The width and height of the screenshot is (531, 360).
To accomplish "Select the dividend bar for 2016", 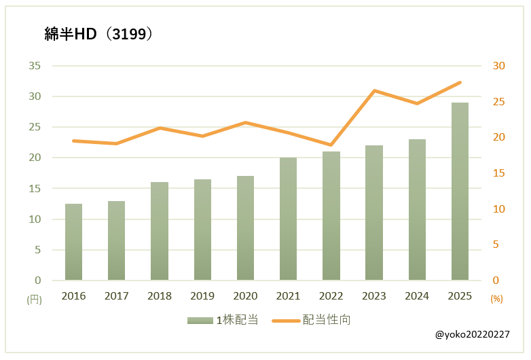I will click(x=73, y=242).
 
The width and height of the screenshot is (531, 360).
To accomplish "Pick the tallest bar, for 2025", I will click(x=460, y=192).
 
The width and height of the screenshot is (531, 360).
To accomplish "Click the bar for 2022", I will click(x=331, y=216).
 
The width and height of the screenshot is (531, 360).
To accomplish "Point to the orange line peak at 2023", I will click(x=374, y=90).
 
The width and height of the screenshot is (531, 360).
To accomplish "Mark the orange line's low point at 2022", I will click(x=331, y=145).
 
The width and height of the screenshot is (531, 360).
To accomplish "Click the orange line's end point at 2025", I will click(x=460, y=82).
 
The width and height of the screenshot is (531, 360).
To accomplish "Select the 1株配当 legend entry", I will click(x=223, y=320).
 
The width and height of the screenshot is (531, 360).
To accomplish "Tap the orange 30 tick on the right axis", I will click(x=499, y=66).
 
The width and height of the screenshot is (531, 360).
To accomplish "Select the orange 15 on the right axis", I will click(x=499, y=173).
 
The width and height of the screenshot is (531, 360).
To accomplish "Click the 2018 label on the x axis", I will click(x=160, y=296).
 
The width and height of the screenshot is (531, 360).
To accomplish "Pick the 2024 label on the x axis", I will click(x=417, y=296).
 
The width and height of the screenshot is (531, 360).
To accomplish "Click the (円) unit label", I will click(x=34, y=299).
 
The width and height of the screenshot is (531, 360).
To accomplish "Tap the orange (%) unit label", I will click(x=496, y=298).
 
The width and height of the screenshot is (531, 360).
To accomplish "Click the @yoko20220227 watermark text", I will click(x=473, y=335).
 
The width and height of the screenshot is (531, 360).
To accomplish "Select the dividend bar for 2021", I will click(x=288, y=219).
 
